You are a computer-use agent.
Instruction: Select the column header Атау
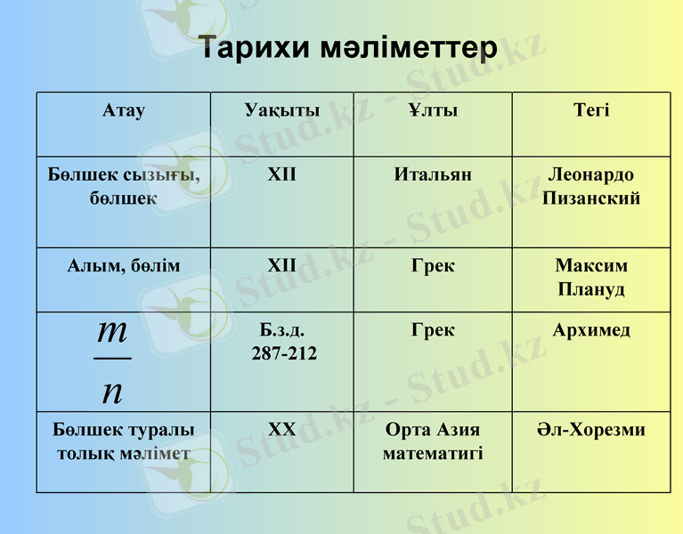point(124,110)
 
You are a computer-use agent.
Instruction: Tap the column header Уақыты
point(281,110)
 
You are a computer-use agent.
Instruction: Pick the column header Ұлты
point(433,110)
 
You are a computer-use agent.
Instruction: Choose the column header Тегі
point(591,110)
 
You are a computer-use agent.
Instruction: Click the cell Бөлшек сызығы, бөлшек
point(124,186)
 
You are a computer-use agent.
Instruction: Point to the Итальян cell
point(433,174)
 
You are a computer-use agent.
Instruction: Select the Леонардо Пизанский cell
point(591,186)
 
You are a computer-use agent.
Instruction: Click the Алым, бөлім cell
point(124,265)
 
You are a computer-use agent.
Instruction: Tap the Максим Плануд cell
point(591,277)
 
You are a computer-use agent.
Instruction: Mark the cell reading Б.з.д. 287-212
point(283,342)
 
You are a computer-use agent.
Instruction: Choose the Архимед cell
point(591,330)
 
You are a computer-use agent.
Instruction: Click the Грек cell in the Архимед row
point(433,330)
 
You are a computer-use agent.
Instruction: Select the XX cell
point(281,430)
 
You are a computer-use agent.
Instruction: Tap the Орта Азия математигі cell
point(433,441)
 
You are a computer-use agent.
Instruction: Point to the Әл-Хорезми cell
point(591,430)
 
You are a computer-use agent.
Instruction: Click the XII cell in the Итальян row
point(281,174)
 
